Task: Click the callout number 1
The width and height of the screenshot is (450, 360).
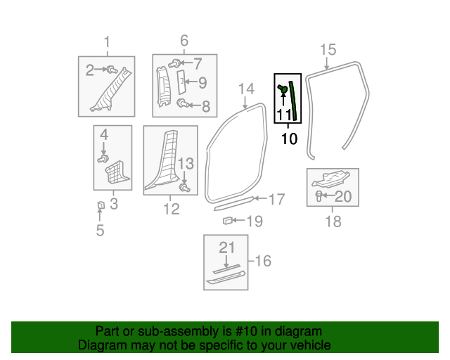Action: coord(107,42)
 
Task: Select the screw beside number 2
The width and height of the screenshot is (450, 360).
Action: coord(112,69)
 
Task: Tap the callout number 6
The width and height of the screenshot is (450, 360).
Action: coord(184,40)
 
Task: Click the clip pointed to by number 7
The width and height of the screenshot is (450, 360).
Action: coord(173,63)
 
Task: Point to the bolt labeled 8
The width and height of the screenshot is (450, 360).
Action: coord(181,104)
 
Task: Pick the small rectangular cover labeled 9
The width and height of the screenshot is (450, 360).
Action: coord(179,82)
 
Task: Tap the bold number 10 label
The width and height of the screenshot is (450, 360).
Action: coord(289,139)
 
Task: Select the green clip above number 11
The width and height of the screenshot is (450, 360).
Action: coord(283,89)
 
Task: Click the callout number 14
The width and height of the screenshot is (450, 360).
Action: coord(245,89)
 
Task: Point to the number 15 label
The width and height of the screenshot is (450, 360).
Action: coord(328,49)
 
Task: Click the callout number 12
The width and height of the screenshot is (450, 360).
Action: coord(171,209)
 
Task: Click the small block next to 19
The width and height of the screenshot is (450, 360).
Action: coord(227,221)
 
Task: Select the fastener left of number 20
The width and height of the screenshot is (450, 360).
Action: coord(319,195)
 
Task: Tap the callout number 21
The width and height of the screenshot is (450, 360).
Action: coord(226,247)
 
